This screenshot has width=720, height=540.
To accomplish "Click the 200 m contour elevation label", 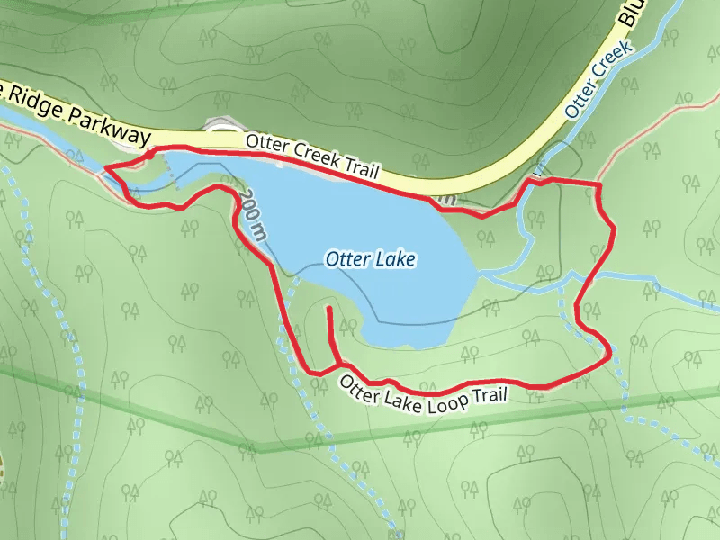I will click(254, 218).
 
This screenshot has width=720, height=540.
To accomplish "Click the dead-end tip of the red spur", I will click(330, 309).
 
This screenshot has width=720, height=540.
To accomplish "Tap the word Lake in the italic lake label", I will click(397, 260).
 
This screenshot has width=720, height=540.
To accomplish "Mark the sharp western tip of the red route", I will click(106, 167).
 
